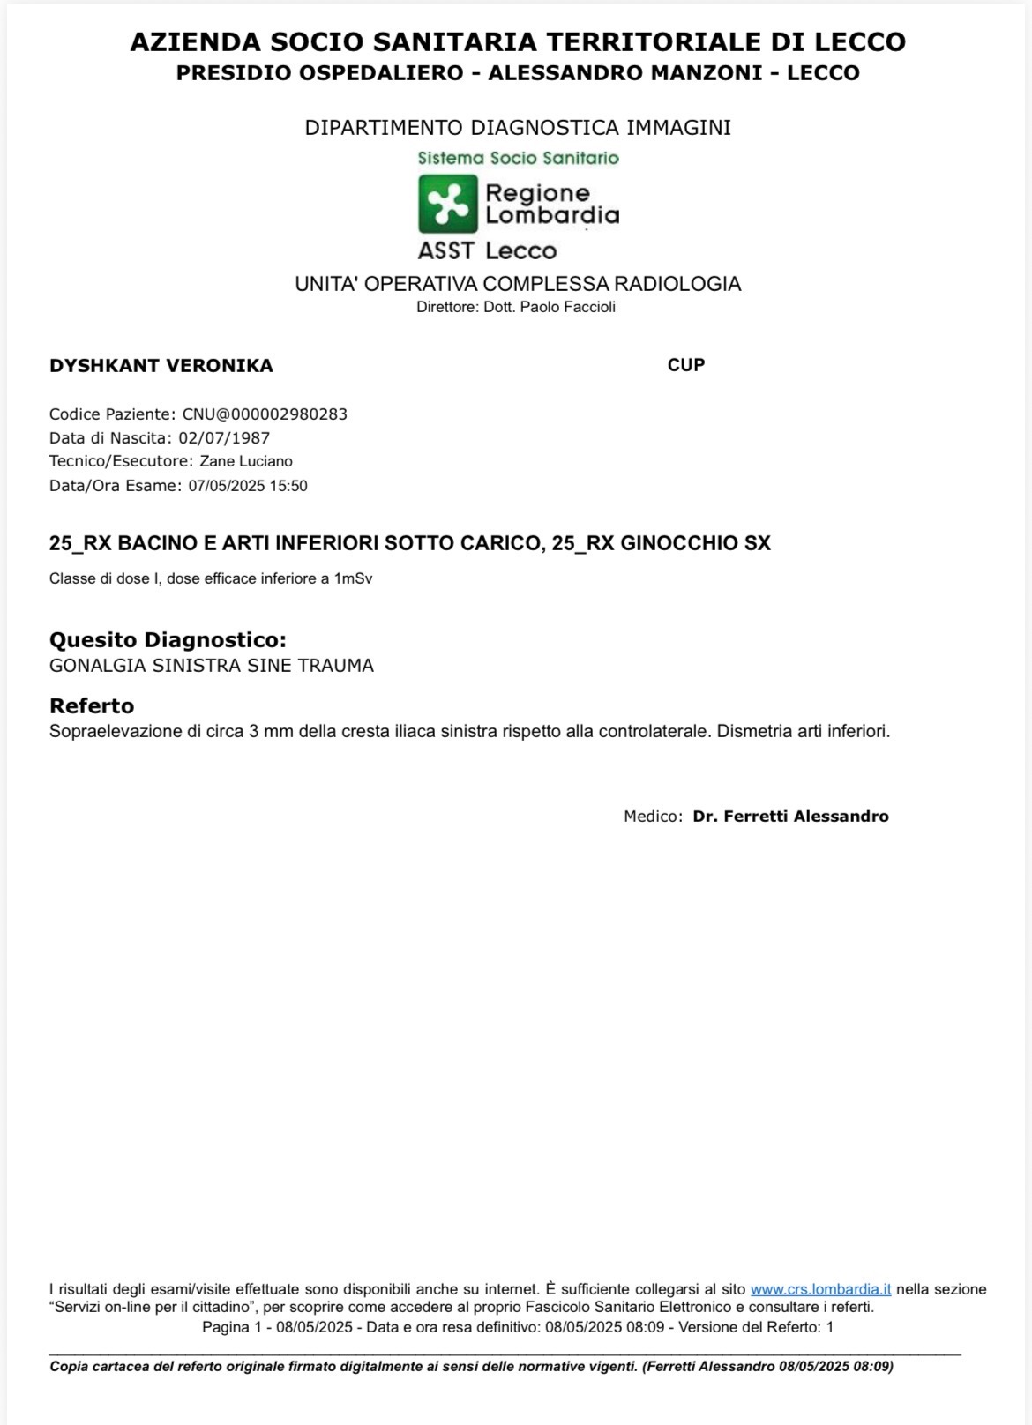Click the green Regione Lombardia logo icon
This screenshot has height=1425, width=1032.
(x=447, y=204)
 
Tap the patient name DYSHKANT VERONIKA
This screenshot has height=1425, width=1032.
(x=161, y=366)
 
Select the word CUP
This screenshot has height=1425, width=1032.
(x=686, y=365)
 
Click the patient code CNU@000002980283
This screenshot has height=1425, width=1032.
(x=265, y=414)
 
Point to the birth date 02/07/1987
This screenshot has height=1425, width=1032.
(x=224, y=438)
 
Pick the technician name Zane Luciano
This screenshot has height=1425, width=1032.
(x=246, y=461)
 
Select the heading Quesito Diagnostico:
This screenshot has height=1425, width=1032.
(x=168, y=639)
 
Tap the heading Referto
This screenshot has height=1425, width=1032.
(x=92, y=705)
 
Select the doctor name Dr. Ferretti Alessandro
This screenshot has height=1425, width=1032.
(x=790, y=817)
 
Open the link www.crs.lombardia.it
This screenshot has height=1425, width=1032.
(x=820, y=1289)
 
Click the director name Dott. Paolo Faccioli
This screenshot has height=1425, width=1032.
(x=550, y=308)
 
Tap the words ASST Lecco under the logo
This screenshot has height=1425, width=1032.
(x=487, y=250)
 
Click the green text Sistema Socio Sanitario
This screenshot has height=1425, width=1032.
(x=518, y=159)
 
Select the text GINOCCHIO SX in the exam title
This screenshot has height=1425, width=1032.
(x=695, y=543)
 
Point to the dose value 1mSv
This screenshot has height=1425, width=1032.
(x=353, y=579)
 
